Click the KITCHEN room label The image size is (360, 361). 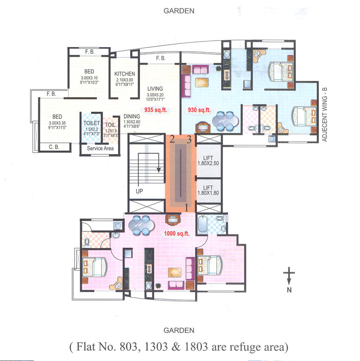click(125, 74)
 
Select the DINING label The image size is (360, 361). click(132, 116)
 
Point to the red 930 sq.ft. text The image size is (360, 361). click(199, 110)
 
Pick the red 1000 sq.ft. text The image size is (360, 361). click(177, 234)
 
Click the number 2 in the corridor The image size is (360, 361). click(172, 139)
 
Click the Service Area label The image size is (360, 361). click(97, 149)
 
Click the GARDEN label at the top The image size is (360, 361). click(179, 10)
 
